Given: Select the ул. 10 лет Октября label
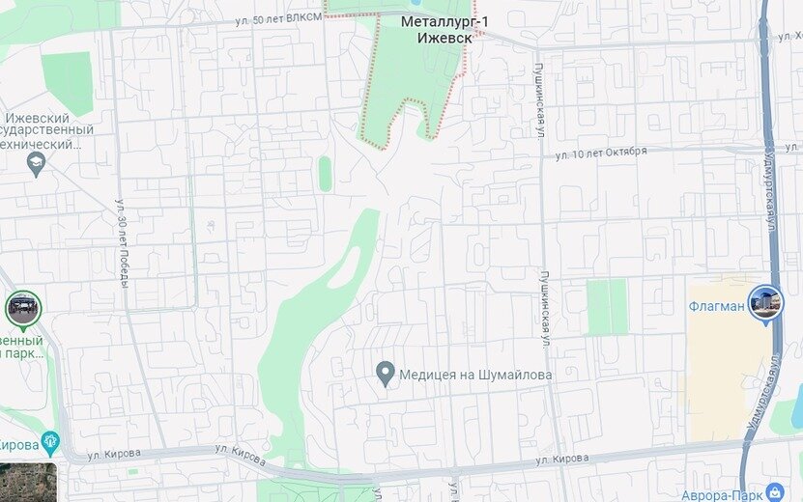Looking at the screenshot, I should coord(600,153).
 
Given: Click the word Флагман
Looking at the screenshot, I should coord(716,307).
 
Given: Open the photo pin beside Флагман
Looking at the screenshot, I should coord(765,303).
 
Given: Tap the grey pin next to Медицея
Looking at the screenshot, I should coord(386,373).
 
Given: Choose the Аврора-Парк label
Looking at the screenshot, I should coord(719,494).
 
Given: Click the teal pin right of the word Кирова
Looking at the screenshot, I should coord(51,444).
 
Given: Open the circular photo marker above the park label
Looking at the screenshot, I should coord(22,309).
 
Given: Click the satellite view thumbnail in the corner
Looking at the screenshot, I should coord(28,482).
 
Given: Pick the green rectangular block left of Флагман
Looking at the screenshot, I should coord(607,307).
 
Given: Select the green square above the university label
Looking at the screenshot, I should coord(67,82).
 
